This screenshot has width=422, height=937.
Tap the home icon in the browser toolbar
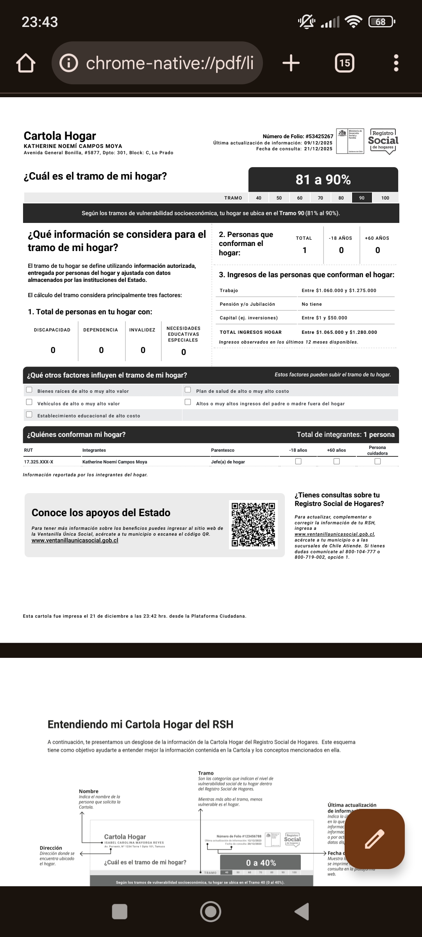[x=26, y=63]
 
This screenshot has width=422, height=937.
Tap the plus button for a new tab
[x=291, y=63]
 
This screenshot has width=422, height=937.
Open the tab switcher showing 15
[x=345, y=63]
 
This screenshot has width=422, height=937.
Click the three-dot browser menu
[x=396, y=63]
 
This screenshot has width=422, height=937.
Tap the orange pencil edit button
[x=374, y=839]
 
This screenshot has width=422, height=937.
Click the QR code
[x=253, y=524]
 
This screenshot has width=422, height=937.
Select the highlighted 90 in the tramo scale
[x=362, y=198]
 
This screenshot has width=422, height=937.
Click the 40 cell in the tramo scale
[x=259, y=198]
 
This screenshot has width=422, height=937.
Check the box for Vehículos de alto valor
[x=29, y=402]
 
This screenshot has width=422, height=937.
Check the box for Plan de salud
[x=188, y=390]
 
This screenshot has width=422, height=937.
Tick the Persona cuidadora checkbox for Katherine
[x=377, y=461]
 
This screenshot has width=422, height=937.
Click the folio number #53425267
[x=319, y=136]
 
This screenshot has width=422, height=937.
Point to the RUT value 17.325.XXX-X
[x=39, y=462]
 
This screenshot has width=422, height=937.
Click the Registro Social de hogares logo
[x=383, y=141]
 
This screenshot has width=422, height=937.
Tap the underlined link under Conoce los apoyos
[x=75, y=540]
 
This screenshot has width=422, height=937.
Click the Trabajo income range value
[x=339, y=290]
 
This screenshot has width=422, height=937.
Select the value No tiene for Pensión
[x=311, y=304]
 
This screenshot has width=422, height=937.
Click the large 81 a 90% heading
[x=323, y=180]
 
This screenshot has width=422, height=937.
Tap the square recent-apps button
[x=120, y=911]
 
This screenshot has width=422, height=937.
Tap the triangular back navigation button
[x=302, y=911]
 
